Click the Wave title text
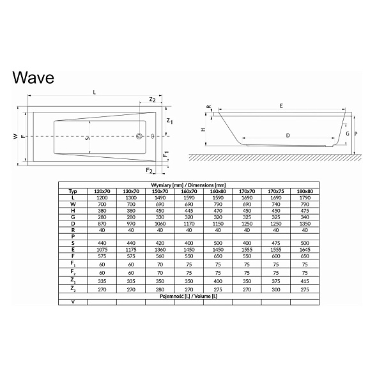coord(33,77)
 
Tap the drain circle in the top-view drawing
coord(139,136)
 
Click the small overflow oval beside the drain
coord(153,136)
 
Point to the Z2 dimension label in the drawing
coord(153,100)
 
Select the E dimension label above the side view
coord(281,106)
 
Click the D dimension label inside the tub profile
coord(288,135)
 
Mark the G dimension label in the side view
coord(348,134)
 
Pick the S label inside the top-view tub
coord(88,138)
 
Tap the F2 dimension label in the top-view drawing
coord(150,171)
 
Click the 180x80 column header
coord(305,192)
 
